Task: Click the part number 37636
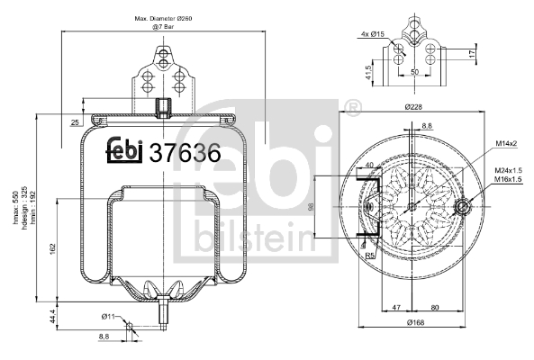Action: pyautogui.click(x=184, y=153)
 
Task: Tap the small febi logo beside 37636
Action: pyautogui.click(x=126, y=153)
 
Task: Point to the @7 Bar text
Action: pyautogui.click(x=162, y=28)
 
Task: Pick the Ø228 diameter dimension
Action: pyautogui.click(x=414, y=108)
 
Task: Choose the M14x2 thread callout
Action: pyautogui.click(x=504, y=144)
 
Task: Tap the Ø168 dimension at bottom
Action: pyautogui.click(x=414, y=321)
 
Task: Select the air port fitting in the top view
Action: pyautogui.click(x=463, y=208)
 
